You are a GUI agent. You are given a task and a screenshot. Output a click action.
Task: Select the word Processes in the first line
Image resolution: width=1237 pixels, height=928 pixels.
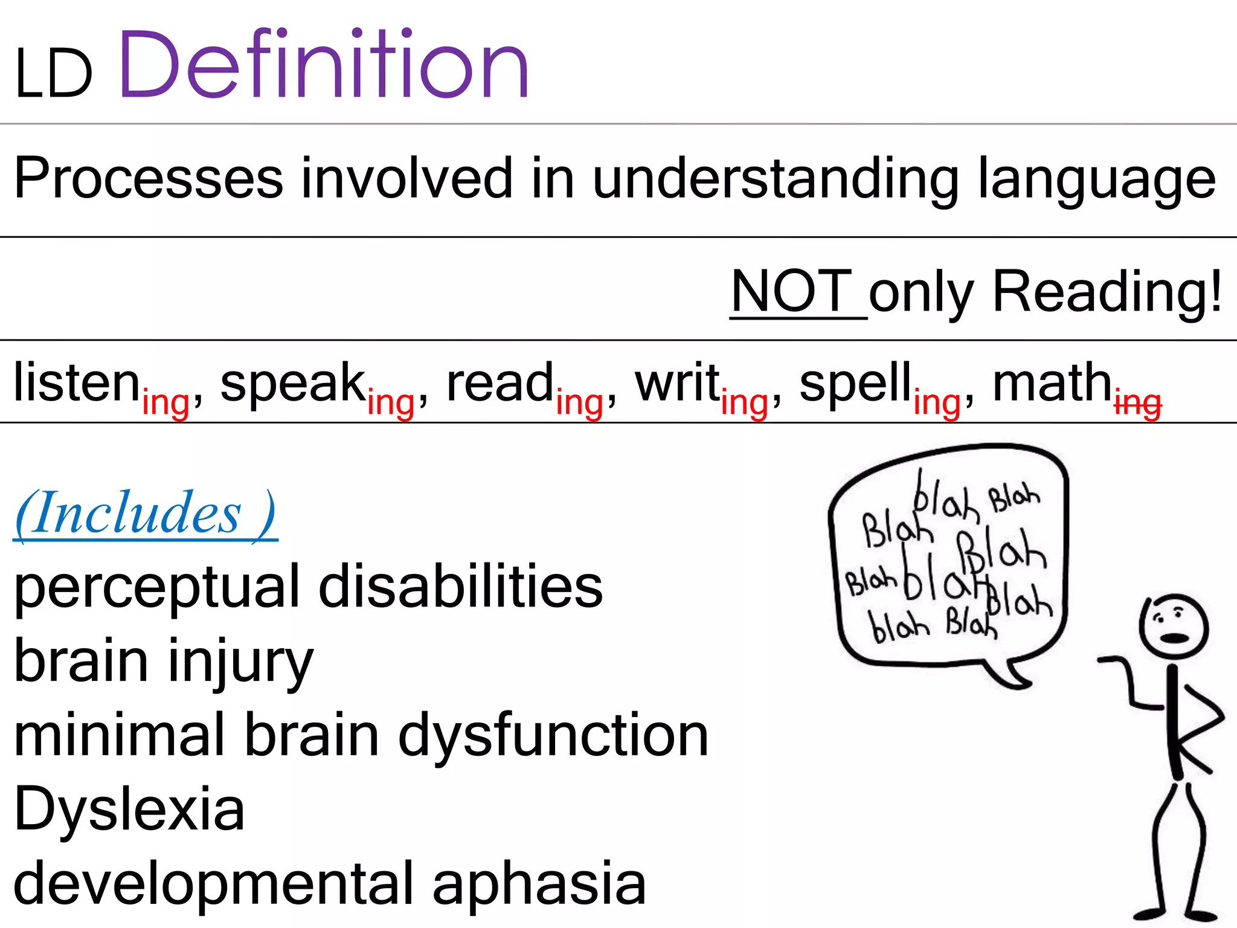[149, 178]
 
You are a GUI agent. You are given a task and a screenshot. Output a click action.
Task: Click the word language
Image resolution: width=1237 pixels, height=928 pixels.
[1096, 179]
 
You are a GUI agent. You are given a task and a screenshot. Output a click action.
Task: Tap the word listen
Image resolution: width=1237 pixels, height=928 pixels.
[77, 382]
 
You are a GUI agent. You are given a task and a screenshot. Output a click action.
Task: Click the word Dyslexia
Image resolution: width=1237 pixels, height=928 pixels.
[129, 809]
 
